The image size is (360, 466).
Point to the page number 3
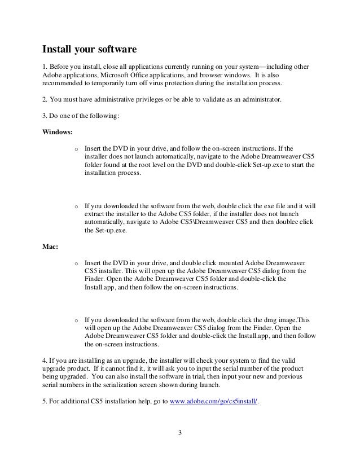(x=179, y=433)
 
